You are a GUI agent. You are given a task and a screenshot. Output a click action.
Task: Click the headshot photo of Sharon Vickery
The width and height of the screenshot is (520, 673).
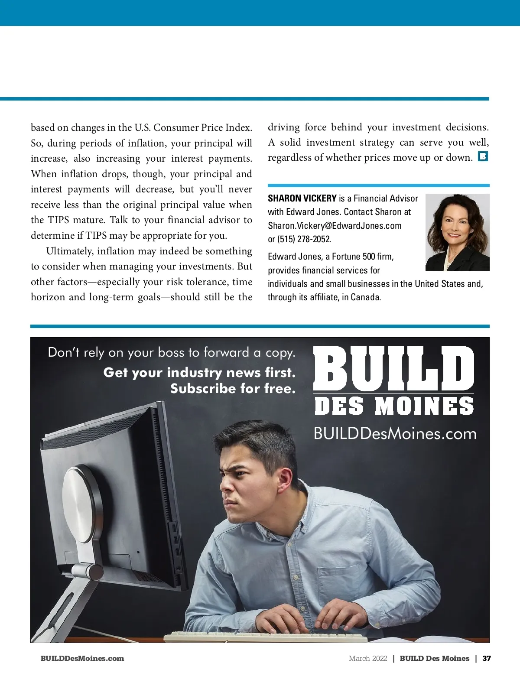coord(457,232)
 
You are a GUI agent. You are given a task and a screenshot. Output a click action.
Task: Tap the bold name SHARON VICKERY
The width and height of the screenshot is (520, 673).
coord(302,198)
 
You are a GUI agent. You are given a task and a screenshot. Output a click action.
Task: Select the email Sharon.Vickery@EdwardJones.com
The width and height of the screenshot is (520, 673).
coord(335,226)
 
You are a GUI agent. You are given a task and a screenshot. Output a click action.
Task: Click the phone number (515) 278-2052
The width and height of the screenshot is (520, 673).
coord(304,239)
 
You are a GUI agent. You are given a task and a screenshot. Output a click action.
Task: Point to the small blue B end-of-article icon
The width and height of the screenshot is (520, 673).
coord(483,156)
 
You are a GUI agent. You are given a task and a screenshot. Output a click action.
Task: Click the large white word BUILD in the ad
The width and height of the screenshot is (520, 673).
coord(393,368)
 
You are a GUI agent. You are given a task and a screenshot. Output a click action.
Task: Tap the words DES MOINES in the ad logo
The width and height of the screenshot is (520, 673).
coord(393,406)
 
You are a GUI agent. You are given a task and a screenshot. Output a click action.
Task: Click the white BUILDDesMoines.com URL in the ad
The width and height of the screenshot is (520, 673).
coord(395,434)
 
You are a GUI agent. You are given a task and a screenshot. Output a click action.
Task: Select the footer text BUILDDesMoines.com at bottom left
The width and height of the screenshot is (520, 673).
coord(82,658)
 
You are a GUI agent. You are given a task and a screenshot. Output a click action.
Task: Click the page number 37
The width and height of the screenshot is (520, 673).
coord(487,658)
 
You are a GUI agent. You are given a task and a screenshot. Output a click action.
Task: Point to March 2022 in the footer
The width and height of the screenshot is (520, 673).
coord(368,658)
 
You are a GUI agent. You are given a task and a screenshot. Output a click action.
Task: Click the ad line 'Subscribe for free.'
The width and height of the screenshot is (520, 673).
coord(233,388)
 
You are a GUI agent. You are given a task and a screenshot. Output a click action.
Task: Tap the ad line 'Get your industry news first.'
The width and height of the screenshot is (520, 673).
coord(199,372)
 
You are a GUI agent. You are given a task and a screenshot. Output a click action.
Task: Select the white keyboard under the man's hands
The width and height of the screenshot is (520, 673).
coord(264,637)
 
